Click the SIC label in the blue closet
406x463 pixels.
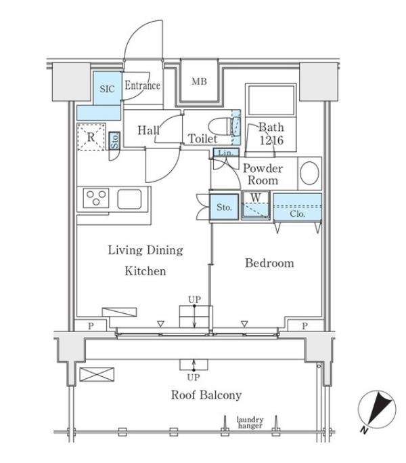(107, 89)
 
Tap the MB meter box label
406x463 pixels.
(200, 81)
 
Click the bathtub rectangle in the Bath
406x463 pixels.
(271, 100)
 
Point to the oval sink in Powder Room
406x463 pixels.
(309, 173)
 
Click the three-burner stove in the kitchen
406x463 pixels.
(96, 198)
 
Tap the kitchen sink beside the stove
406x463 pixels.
(129, 199)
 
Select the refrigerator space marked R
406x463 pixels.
(91, 137)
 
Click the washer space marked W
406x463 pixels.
(256, 205)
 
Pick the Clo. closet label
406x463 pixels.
(297, 214)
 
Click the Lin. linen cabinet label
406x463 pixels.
(225, 153)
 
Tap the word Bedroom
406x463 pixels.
(269, 263)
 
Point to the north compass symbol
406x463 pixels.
(376, 410)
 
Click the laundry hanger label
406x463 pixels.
(250, 422)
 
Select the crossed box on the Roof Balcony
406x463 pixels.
(97, 374)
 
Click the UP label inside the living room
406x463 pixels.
(194, 300)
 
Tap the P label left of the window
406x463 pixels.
(91, 325)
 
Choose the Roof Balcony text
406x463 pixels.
(206, 395)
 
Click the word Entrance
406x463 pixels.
(143, 85)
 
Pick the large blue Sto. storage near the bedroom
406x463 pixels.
(224, 207)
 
